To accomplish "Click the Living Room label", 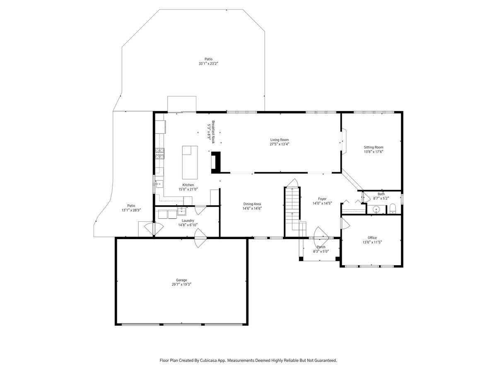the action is pos(280,140).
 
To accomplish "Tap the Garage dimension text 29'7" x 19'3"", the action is pos(181,284).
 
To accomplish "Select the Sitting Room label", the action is pos(374,147).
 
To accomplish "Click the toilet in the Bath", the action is pos(392,209).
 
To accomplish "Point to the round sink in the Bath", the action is pos(376,209).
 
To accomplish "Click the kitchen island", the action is pos(190,162).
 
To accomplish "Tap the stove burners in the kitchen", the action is pos(159,153).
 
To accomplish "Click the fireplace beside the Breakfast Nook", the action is pos(215,162).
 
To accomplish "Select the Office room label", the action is pos(372,237).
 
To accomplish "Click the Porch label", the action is pos(321,247).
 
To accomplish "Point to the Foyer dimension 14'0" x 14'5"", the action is pos(322,203).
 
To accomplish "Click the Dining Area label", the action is pos(252,204).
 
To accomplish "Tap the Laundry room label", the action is pos(188,220).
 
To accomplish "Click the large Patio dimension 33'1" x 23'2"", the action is pos(208,64).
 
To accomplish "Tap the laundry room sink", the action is pos(181,211).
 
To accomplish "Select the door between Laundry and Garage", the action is pos(200,238).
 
